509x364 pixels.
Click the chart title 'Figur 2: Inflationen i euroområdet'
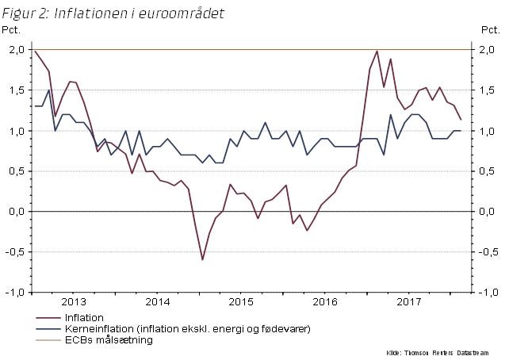(x=113, y=13)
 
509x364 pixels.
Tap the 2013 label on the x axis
(x=74, y=302)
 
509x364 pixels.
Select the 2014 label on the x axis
(x=158, y=302)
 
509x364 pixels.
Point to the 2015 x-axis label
(x=241, y=302)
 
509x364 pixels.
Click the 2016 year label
(x=325, y=302)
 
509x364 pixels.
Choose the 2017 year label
(x=409, y=302)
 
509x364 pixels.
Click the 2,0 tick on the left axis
(x=16, y=50)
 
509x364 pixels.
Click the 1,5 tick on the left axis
(x=16, y=90)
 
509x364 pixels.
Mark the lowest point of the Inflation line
(x=202, y=259)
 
